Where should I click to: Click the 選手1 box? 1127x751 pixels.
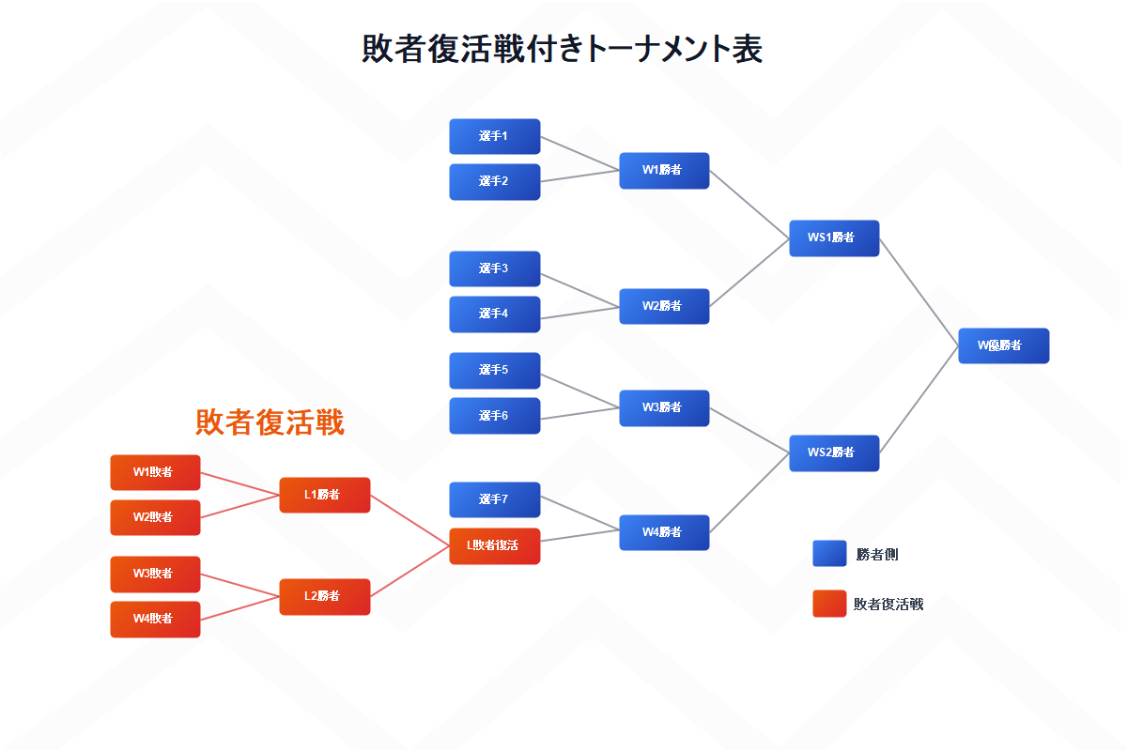click(x=494, y=136)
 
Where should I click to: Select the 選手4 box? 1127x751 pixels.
click(x=494, y=314)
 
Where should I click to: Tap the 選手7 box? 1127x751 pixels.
click(x=494, y=499)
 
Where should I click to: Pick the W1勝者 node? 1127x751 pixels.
click(x=663, y=170)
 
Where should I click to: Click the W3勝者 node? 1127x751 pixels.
click(x=663, y=407)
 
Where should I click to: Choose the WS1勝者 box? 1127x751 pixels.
click(x=833, y=238)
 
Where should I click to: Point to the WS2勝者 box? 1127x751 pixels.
click(x=833, y=452)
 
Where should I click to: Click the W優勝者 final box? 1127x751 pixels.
click(x=1002, y=345)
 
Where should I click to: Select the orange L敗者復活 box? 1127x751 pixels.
click(x=494, y=545)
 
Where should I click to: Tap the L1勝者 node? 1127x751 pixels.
click(x=324, y=495)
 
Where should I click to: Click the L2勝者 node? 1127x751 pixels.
click(x=324, y=596)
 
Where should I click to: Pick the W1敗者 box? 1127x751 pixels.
click(x=155, y=472)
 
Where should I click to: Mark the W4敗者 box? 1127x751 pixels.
click(x=155, y=619)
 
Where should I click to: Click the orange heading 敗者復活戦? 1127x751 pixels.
click(x=270, y=422)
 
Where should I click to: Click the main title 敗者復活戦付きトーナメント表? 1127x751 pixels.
click(x=562, y=49)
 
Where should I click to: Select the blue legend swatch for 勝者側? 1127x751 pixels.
click(x=829, y=554)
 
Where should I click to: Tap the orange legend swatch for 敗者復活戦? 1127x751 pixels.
click(x=829, y=604)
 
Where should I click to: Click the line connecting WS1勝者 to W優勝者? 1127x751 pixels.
click(x=919, y=291)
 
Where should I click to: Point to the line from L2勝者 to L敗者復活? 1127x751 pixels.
click(x=409, y=571)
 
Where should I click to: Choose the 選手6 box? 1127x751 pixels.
click(x=494, y=415)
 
